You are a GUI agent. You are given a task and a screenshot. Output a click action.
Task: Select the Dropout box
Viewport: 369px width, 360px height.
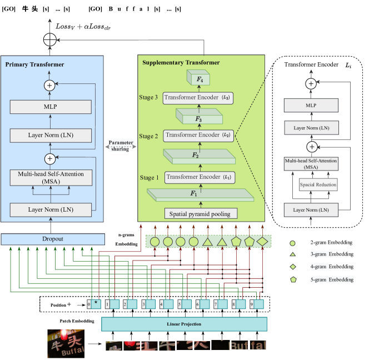tap(53, 239)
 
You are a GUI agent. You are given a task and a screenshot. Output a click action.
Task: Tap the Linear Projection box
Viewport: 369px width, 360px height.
tap(184, 324)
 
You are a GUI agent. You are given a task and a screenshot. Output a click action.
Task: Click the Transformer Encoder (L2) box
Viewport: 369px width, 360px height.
tap(198, 135)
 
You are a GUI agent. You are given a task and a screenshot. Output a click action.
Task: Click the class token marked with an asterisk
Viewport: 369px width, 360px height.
tap(96, 304)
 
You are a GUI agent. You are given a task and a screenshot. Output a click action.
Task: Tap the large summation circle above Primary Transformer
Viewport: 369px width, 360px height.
tap(49, 39)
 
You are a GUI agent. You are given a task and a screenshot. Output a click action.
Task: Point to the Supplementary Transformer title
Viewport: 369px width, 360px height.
tap(181, 62)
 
